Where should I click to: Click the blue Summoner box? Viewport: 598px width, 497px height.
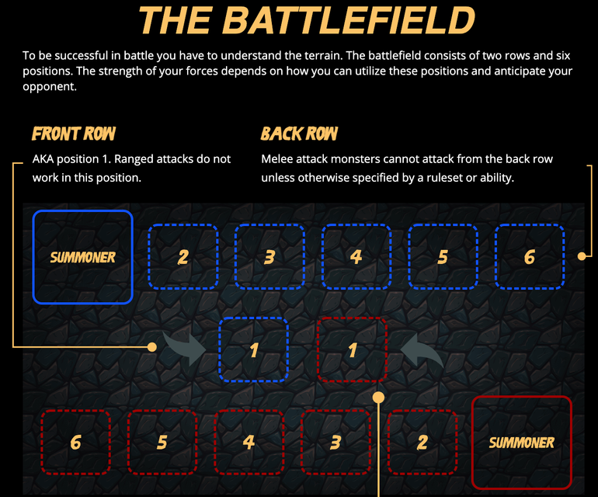pos(83,257)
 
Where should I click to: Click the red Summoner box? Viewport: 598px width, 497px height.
pos(522,443)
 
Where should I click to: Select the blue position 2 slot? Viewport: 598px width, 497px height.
pos(183,256)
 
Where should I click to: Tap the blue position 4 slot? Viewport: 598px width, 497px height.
pos(356,256)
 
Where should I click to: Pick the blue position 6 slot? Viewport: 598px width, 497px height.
pos(530,256)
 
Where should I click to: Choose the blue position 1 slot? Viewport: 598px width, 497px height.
pos(254,349)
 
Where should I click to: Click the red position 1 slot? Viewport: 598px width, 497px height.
pos(353,349)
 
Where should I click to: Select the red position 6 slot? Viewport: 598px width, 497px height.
pos(76,443)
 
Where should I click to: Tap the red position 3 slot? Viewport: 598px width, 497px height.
pos(336,443)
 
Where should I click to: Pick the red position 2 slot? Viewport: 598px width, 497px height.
pos(422,443)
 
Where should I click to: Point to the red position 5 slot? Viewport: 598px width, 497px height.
pos(162,443)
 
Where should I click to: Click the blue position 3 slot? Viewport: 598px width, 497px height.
pos(269,256)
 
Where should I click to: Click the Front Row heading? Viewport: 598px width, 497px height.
pos(74,134)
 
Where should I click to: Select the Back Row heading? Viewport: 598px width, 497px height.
pos(299,134)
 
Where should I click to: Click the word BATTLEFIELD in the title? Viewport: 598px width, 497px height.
pos(348,20)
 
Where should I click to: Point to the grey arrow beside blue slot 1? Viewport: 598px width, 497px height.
pos(185,348)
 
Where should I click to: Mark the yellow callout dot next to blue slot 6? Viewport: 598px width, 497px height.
pos(582,256)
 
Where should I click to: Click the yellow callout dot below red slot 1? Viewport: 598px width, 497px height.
pos(378,398)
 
